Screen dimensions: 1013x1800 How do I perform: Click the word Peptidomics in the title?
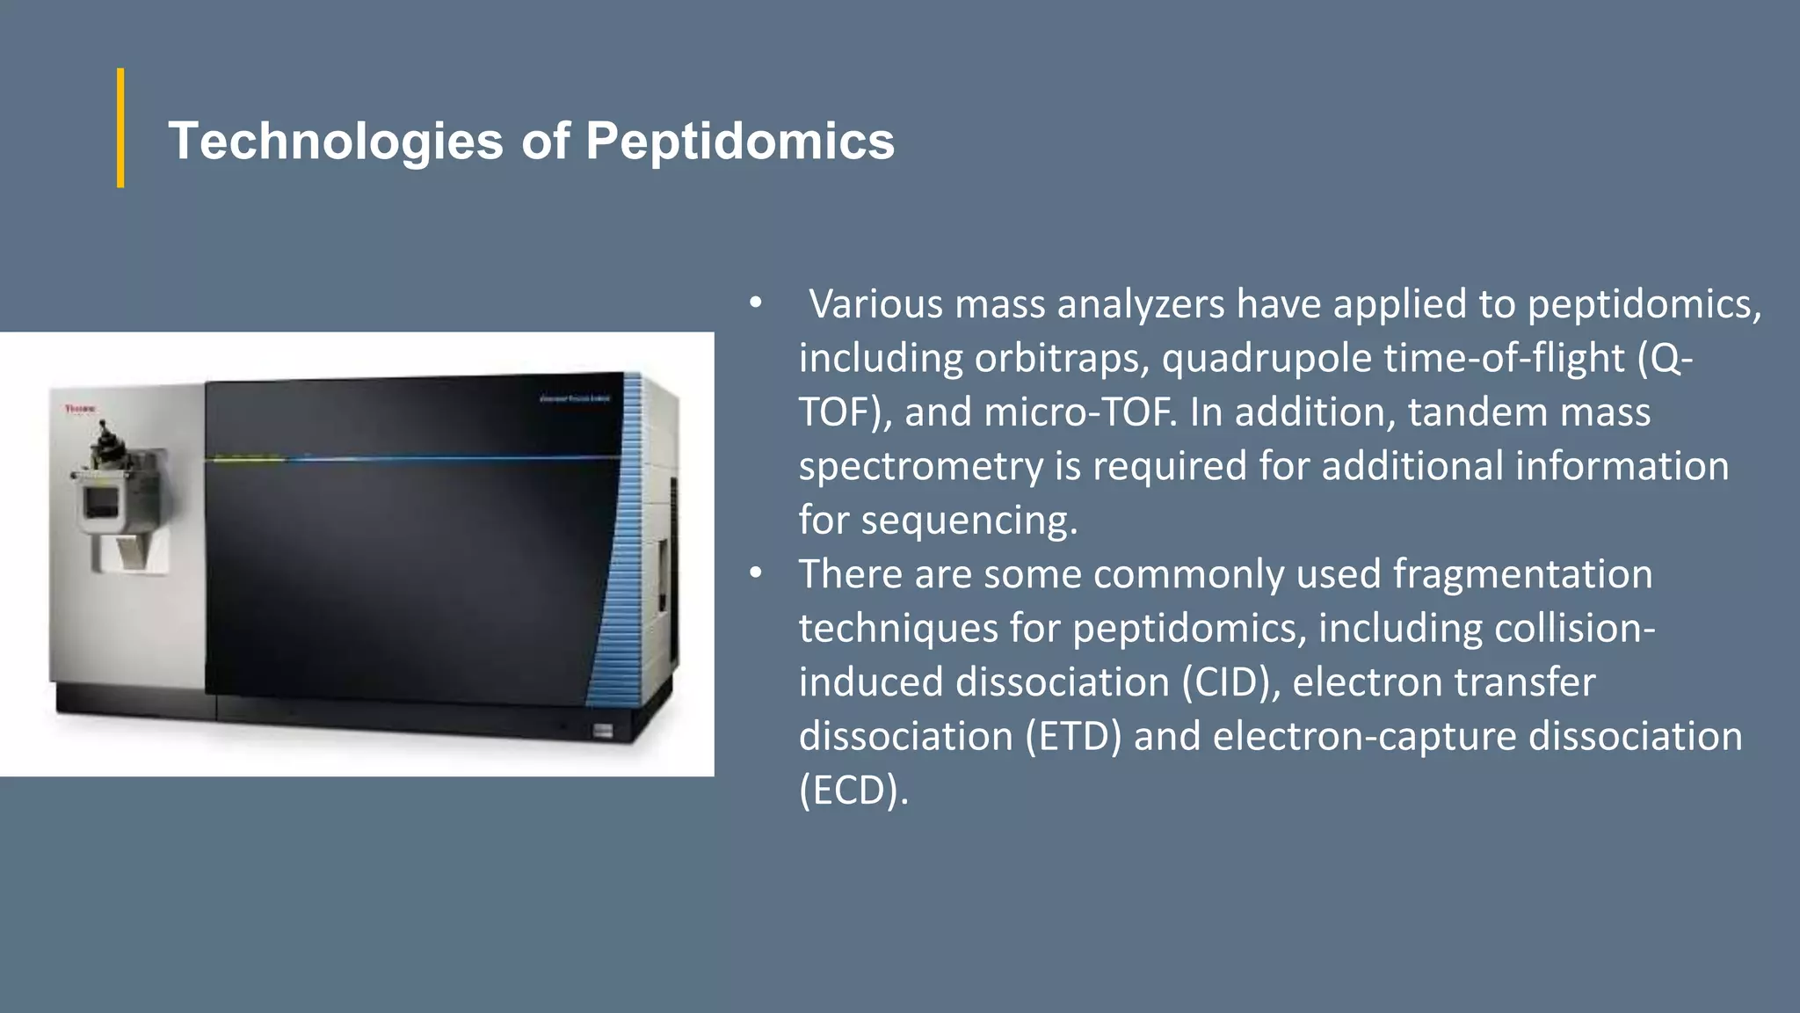point(740,142)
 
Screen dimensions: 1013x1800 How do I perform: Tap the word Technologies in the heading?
point(336,142)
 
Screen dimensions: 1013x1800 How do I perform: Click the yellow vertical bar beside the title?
point(120,128)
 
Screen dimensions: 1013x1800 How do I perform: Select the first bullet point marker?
point(755,304)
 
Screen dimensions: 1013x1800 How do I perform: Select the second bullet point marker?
point(755,574)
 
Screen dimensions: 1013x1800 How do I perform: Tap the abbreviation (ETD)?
point(1073,737)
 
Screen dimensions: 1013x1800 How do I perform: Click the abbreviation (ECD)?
point(853,791)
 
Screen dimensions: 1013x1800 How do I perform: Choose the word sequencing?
point(969,521)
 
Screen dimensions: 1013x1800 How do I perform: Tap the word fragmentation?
point(1522,574)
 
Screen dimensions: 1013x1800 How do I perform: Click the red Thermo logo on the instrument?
point(81,409)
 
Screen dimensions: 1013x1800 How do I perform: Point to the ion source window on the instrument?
point(100,503)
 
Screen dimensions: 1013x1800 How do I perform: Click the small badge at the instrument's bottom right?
point(602,731)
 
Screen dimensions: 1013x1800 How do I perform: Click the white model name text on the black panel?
point(574,398)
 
